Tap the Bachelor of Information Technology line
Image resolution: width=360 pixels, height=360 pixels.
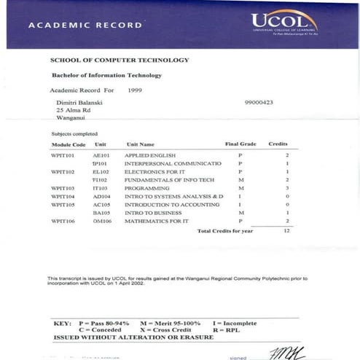pos(106,75)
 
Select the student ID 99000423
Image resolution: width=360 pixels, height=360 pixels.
pos(259,103)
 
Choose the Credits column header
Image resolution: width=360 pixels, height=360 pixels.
pos(278,144)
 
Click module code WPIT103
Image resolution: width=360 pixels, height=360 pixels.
pos(63,188)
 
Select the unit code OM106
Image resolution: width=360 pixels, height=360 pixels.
pos(101,220)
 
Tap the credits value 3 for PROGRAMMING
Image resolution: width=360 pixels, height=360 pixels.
pos(287,188)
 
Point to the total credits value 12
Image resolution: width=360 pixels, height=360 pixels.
pos(287,230)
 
